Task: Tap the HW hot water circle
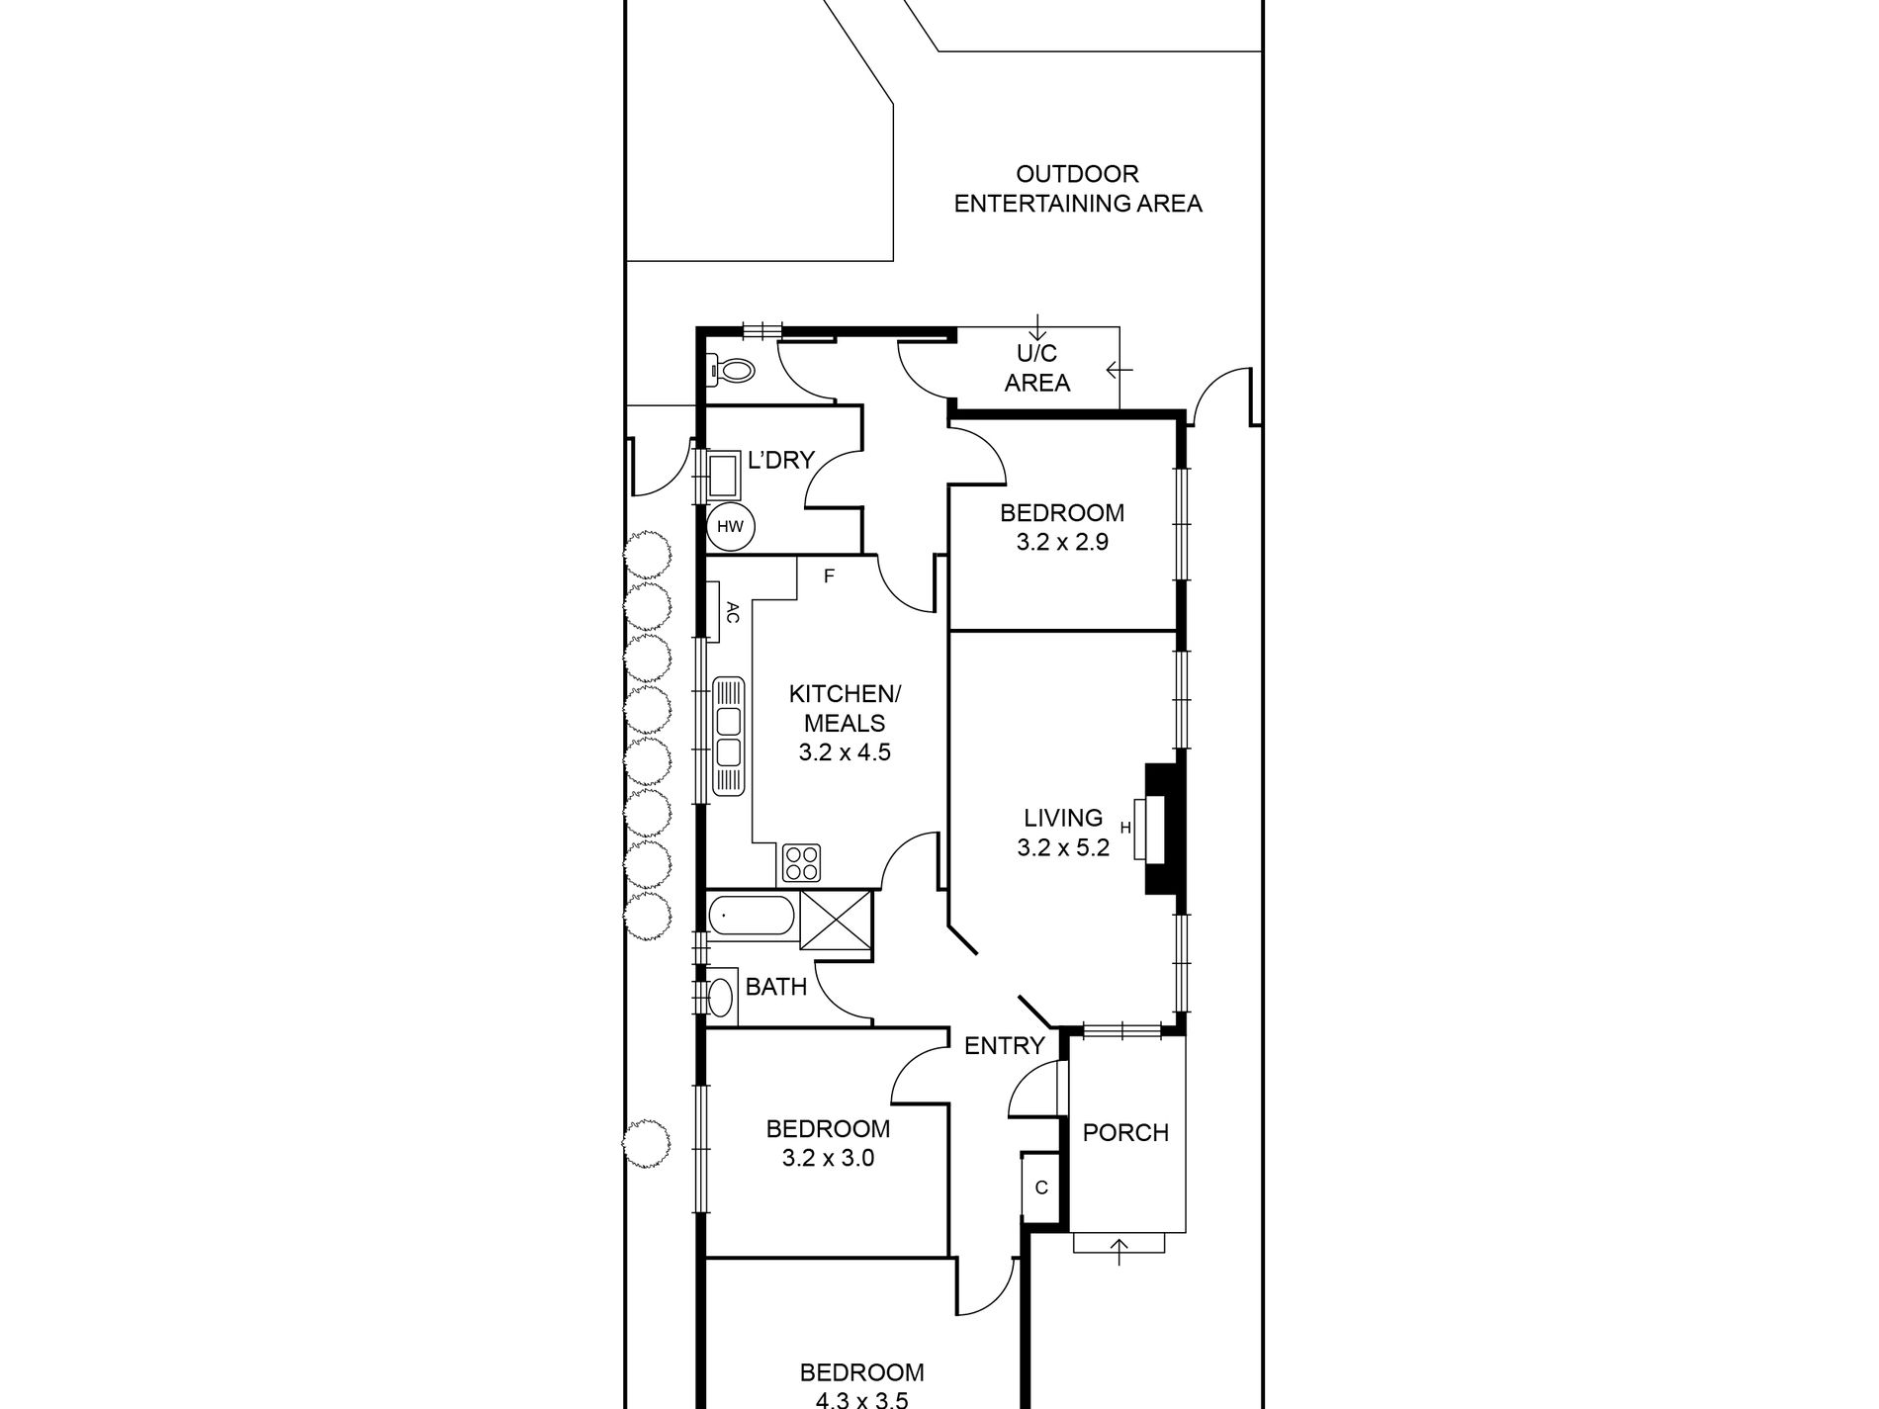click(731, 526)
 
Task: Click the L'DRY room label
click(781, 460)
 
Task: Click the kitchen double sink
click(728, 737)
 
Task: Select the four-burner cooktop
click(800, 863)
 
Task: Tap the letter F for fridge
click(829, 576)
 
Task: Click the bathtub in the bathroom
click(751, 915)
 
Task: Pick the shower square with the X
click(837, 922)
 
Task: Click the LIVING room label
click(1063, 818)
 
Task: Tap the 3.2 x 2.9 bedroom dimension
click(1062, 542)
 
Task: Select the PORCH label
click(1125, 1132)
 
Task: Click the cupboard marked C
click(1040, 1189)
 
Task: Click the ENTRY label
click(1004, 1045)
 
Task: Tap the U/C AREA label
click(1037, 368)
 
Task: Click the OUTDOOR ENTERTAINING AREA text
click(1077, 189)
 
